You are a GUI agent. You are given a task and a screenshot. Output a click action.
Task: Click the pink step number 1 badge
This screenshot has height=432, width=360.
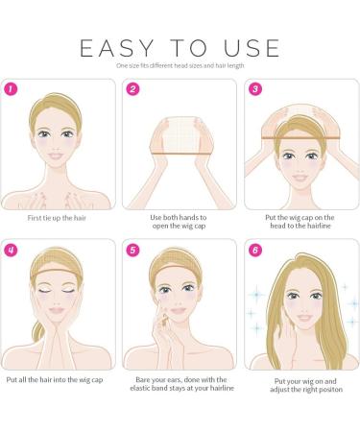11,89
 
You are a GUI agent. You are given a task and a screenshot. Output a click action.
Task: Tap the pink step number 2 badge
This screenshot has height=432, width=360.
132,89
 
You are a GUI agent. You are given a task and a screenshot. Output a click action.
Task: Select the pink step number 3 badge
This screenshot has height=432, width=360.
255,89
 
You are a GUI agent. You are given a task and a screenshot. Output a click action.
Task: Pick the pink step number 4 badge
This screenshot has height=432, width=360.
11,250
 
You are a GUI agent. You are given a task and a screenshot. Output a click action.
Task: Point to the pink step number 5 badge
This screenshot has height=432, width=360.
132,250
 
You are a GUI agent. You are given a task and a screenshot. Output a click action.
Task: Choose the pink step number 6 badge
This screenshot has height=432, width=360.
255,250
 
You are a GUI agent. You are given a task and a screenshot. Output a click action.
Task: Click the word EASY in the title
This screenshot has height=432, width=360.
117,48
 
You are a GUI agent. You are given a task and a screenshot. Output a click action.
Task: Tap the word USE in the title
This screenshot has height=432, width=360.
252,48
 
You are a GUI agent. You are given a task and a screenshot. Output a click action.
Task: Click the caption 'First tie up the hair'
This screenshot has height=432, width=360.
57,218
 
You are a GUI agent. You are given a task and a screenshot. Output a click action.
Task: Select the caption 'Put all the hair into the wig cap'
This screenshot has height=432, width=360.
55,380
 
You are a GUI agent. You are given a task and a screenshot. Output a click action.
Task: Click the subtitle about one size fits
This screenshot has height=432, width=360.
180,65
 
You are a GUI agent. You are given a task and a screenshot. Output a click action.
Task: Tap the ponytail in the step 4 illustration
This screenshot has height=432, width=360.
37,330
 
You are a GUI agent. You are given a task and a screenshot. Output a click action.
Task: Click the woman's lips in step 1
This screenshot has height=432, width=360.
56,156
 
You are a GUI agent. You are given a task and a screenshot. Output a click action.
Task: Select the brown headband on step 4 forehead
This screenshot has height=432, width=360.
57,273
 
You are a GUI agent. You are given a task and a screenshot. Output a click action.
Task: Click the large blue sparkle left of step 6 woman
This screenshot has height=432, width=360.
257,294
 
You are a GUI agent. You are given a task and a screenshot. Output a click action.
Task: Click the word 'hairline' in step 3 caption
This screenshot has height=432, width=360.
319,226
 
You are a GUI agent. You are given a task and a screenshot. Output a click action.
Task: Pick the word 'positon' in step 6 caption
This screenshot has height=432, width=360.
330,390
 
